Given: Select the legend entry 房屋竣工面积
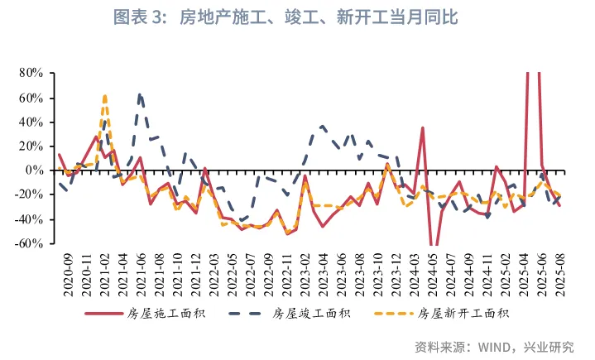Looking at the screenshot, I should click(x=299, y=313).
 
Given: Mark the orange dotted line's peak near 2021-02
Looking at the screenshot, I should click(x=105, y=96).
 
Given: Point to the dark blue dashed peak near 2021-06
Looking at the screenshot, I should click(x=141, y=94).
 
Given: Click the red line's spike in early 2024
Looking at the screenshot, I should click(x=422, y=128).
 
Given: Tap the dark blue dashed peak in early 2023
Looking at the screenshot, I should click(x=323, y=127).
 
